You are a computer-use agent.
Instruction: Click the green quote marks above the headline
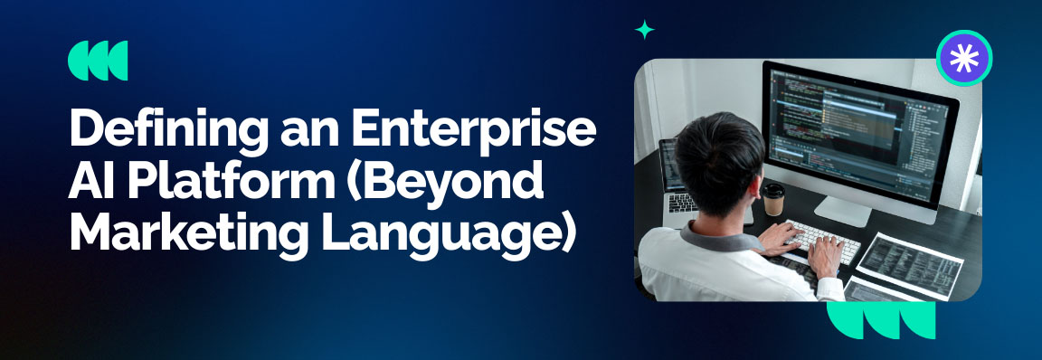[98, 61]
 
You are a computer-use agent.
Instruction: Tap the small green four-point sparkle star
[644, 30]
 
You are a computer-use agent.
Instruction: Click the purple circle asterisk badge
[964, 58]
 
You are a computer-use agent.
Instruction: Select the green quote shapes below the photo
[882, 319]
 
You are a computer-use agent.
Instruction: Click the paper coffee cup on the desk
[773, 199]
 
